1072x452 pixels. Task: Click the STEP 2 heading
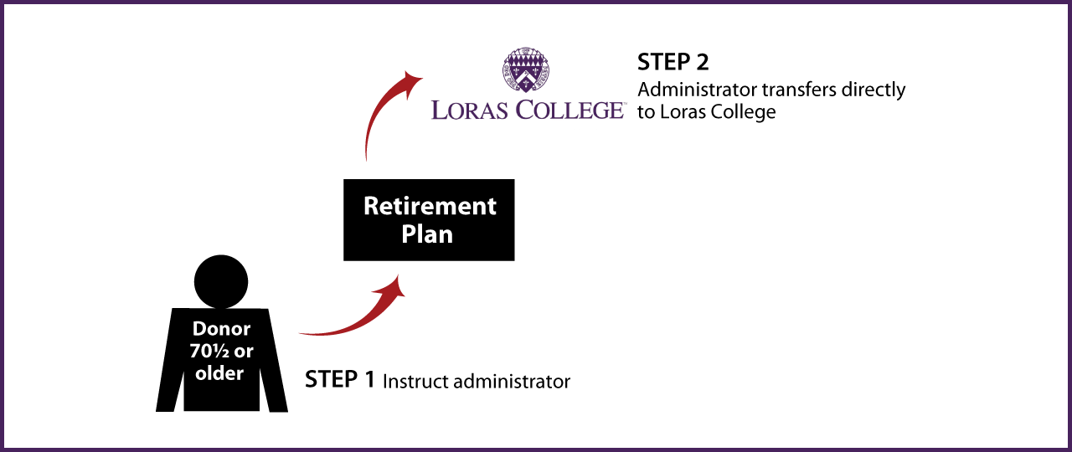pyautogui.click(x=673, y=62)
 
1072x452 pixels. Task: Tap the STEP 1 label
pyautogui.click(x=340, y=379)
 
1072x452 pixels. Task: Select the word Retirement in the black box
pyautogui.click(x=430, y=206)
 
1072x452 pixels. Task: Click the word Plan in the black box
pyautogui.click(x=427, y=234)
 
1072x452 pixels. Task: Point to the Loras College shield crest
pyautogui.click(x=525, y=69)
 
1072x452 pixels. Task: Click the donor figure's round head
pyautogui.click(x=221, y=282)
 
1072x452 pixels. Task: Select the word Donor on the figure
pyautogui.click(x=221, y=329)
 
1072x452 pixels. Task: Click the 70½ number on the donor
pyautogui.click(x=209, y=352)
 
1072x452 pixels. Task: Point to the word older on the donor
pyautogui.click(x=219, y=373)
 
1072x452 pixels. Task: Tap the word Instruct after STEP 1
pyautogui.click(x=415, y=382)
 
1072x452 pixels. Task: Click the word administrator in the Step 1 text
pyautogui.click(x=512, y=382)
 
